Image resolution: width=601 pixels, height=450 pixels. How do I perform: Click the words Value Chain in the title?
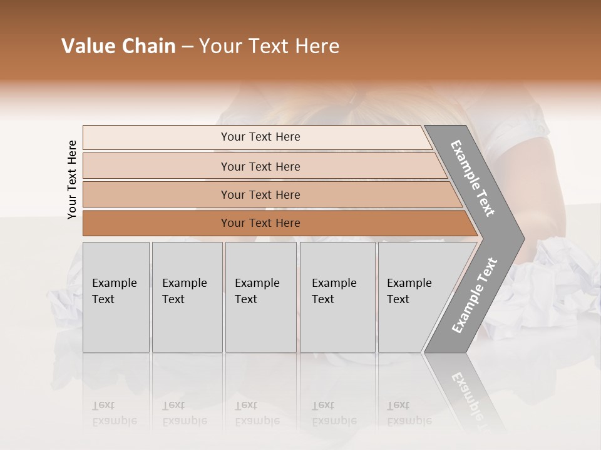[118, 46]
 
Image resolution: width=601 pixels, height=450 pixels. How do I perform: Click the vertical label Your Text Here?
[72, 180]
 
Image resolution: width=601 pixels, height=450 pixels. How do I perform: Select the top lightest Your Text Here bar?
[260, 137]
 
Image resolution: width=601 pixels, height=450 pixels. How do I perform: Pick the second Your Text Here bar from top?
[260, 166]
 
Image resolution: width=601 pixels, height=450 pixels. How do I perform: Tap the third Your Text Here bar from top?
[260, 194]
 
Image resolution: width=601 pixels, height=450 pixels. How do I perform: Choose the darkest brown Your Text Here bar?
[260, 223]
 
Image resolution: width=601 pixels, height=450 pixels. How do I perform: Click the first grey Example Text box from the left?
[116, 296]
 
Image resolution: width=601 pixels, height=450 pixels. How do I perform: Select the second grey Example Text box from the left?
[187, 296]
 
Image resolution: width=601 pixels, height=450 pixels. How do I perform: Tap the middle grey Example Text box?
[260, 296]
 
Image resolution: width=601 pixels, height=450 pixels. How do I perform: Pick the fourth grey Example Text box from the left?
[337, 296]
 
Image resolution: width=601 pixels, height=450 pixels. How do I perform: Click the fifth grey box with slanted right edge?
[413, 296]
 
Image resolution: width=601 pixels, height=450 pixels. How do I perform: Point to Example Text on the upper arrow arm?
[473, 178]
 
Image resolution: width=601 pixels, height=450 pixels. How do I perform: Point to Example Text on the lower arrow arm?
[474, 296]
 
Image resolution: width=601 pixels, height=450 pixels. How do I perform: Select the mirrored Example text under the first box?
[114, 421]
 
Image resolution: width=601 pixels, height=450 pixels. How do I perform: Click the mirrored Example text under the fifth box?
[409, 421]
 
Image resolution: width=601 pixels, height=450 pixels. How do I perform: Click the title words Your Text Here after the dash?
[269, 46]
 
